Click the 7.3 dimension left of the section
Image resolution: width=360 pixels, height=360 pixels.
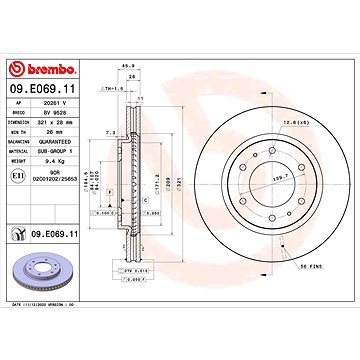pos(110,132)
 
